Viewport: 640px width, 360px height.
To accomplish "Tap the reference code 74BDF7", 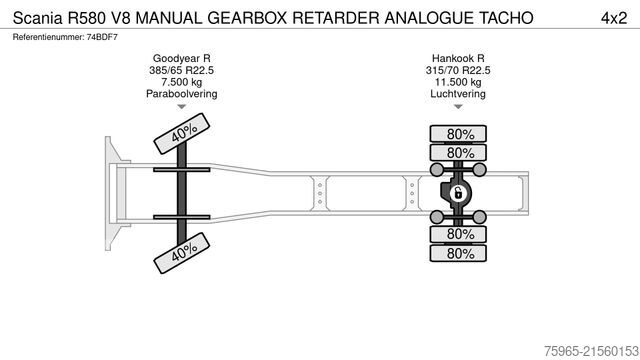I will (x=101, y=37).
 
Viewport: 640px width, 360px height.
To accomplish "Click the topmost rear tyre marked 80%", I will (x=460, y=133).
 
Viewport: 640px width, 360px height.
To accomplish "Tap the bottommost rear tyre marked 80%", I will (x=460, y=253).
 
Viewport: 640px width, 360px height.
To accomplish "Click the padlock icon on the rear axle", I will (x=458, y=193).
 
